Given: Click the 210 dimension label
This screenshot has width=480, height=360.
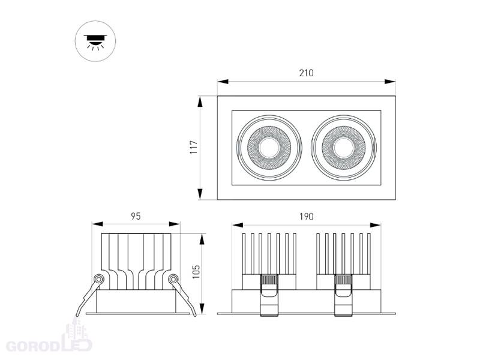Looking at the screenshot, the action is tap(307, 73).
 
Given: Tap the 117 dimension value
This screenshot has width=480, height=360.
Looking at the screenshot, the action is tap(194, 148).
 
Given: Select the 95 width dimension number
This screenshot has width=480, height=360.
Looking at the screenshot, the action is tap(136, 217).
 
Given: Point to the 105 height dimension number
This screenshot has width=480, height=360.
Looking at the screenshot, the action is tap(196, 272).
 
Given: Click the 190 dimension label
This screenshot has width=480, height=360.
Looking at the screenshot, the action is tap(307, 217).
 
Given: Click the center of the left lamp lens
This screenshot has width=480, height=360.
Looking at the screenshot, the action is tap(269, 148).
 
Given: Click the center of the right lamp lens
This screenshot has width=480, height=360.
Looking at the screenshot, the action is tap(344, 148).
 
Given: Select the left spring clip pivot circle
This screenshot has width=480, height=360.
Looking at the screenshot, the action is tap(98, 279).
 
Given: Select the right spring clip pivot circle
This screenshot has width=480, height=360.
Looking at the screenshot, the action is tap(173, 279).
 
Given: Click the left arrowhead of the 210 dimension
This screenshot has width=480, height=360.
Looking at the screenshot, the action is tap(223, 82).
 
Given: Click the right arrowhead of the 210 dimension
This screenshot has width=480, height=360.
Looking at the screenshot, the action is tap(390, 82).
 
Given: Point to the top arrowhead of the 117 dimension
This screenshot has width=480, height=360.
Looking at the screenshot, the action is tap(200, 101).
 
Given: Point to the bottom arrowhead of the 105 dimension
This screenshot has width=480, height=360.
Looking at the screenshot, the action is tap(202, 308).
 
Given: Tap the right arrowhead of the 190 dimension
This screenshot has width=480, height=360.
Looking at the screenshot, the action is tap(376, 226).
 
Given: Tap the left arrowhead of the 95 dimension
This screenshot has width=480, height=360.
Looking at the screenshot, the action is tap(97, 224).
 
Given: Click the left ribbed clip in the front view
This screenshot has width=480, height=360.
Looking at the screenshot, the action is tap(269, 295).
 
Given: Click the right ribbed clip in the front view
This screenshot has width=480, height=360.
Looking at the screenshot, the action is tap(344, 295).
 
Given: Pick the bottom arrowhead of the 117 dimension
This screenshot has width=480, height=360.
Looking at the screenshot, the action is tap(200, 194).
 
